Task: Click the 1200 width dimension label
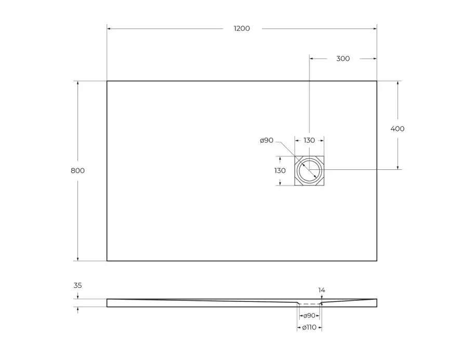(x=242, y=29)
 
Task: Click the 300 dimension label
(x=343, y=59)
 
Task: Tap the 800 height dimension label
(x=78, y=170)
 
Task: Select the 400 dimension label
(x=398, y=129)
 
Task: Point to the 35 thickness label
(x=78, y=285)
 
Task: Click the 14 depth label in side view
(x=322, y=290)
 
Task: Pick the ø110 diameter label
(x=310, y=327)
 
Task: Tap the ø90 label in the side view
(x=310, y=316)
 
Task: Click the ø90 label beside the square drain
(x=267, y=140)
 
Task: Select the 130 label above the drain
(x=309, y=140)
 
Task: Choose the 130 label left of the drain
(x=280, y=170)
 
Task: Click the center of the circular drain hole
(x=310, y=170)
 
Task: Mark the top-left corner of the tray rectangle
(x=107, y=81)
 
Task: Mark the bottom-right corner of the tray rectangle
(x=377, y=261)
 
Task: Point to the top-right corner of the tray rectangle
(x=377, y=81)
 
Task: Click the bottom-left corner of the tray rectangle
(x=107, y=261)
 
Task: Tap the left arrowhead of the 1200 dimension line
(x=109, y=29)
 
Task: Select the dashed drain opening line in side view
(x=310, y=303)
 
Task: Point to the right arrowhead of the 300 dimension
(x=375, y=59)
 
